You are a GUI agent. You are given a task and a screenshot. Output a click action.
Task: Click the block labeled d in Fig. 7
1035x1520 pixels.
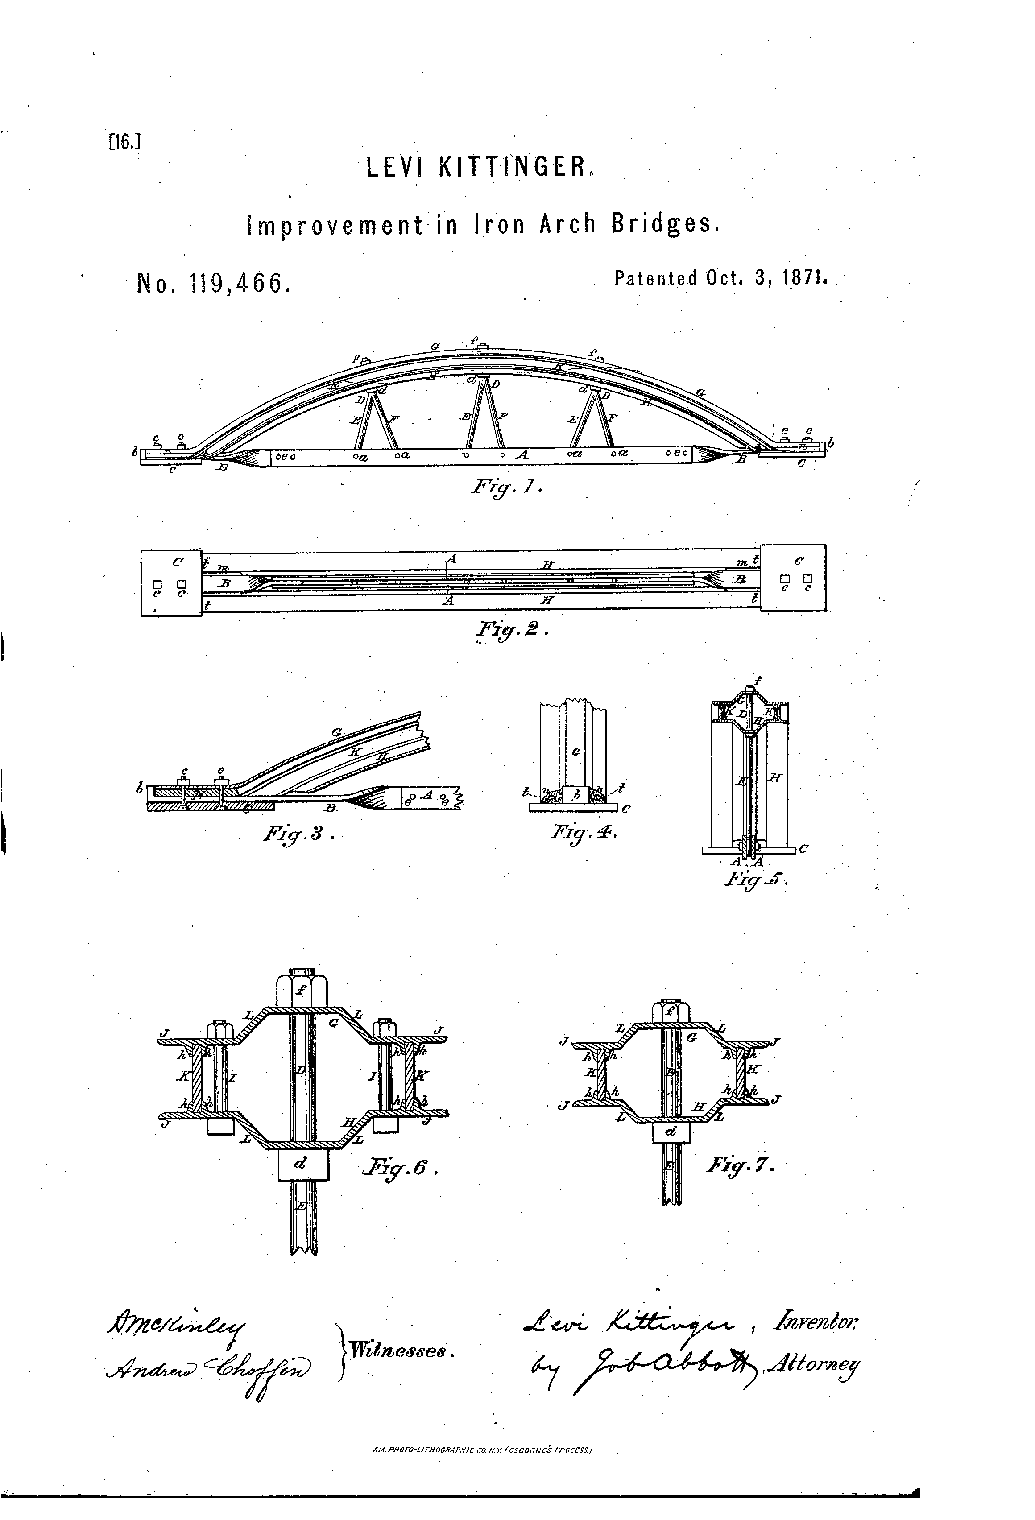pos(671,1130)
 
